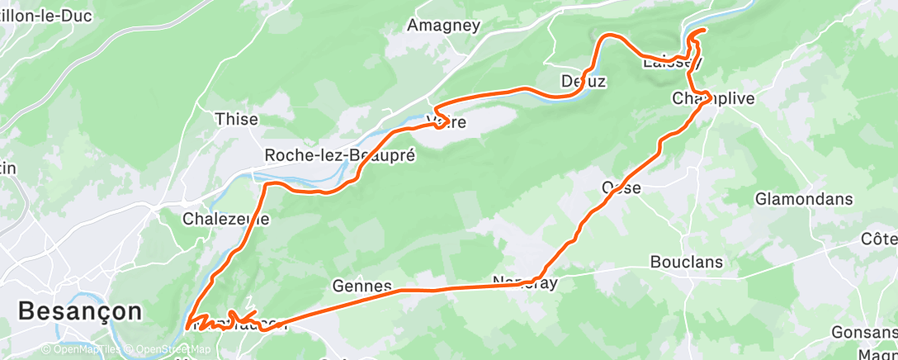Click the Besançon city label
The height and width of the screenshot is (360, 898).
click(x=79, y=311)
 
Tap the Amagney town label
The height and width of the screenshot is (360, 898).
click(x=444, y=25)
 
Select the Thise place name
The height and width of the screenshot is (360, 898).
click(x=236, y=119)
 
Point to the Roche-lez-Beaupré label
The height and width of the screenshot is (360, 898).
click(x=339, y=154)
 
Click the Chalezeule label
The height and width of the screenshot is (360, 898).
click(x=225, y=220)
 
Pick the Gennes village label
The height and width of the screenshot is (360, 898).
click(x=362, y=286)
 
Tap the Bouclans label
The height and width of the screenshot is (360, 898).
click(x=687, y=263)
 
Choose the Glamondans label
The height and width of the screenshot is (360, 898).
click(x=804, y=199)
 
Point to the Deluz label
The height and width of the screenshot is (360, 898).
click(x=584, y=81)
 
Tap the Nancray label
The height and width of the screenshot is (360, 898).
click(x=526, y=282)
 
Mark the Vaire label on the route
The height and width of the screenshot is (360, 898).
click(x=449, y=123)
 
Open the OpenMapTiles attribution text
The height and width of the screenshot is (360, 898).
click(x=82, y=350)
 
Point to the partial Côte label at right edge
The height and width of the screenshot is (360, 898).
click(x=879, y=239)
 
